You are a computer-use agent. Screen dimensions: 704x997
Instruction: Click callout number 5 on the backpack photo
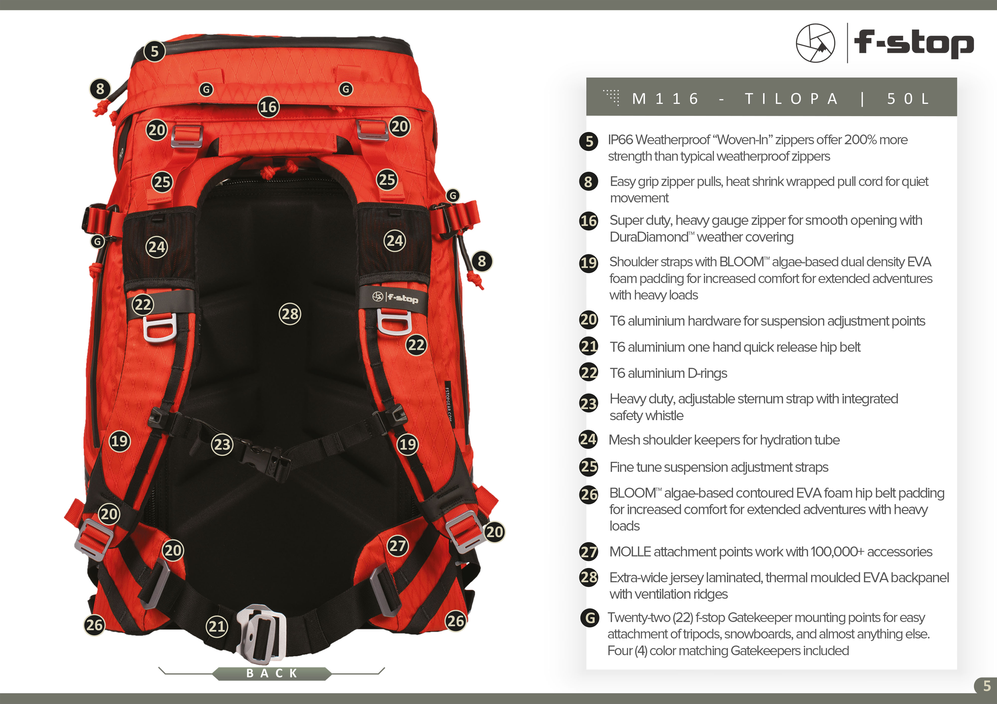[x=155, y=52]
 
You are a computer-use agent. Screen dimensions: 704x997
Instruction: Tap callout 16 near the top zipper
[x=268, y=107]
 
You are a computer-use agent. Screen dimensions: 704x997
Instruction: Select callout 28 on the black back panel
[x=290, y=314]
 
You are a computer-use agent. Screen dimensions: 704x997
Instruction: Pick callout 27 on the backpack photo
[x=398, y=546]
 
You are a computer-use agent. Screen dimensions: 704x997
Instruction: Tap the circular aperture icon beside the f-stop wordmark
[x=815, y=43]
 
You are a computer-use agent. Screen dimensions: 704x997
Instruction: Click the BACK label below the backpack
[x=272, y=673]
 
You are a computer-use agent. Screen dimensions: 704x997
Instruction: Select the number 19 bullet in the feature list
[x=588, y=263]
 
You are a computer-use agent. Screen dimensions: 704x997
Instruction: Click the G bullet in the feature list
[x=590, y=618]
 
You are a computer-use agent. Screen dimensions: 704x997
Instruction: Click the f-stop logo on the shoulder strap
[x=395, y=297]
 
